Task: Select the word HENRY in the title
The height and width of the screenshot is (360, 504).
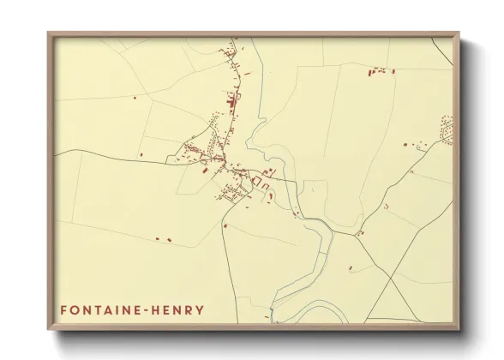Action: coord(180,309)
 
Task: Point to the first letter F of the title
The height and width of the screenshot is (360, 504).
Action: coord(63,309)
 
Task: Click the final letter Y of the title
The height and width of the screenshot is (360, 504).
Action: coord(201,309)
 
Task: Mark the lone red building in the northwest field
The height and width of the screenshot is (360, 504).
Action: coord(135,98)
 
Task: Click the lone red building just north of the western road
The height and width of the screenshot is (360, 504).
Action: coord(141,154)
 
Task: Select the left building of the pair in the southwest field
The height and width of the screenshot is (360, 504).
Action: coord(157,237)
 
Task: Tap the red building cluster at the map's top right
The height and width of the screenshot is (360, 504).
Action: coord(379,72)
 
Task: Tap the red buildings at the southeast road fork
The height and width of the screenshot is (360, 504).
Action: coord(361,231)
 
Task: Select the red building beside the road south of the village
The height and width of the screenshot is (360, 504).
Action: coord(225,225)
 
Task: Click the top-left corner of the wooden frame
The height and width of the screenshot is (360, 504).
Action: coord(48,33)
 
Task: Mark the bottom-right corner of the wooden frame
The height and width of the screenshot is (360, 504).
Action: coord(459,330)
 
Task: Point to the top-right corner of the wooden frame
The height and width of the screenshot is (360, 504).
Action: coord(459,33)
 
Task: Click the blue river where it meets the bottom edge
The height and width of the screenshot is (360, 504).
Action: coord(272,322)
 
